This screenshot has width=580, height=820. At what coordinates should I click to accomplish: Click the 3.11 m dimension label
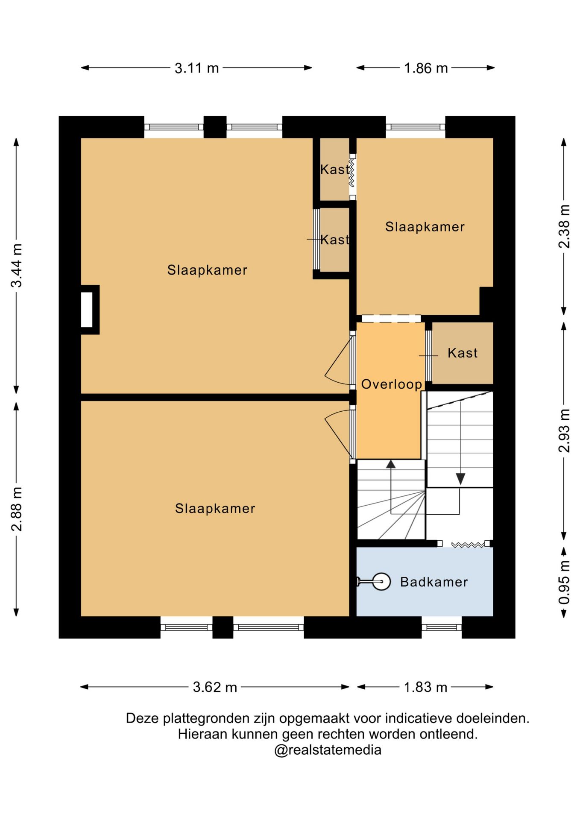point(196,68)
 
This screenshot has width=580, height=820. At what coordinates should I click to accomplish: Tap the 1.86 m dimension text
point(426,68)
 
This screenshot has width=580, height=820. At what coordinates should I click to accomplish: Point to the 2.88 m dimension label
point(16,509)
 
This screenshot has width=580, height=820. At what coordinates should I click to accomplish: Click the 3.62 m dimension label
point(215,687)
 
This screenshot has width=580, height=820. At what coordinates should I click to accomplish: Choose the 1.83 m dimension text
point(425,687)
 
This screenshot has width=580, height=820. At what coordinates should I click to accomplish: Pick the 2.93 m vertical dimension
point(564,430)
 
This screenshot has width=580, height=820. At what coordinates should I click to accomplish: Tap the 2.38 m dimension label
point(564,226)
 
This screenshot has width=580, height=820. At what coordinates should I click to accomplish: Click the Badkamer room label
point(434,582)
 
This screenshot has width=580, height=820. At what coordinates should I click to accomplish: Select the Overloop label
point(392,384)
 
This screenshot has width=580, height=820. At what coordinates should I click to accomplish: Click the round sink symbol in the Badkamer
point(381,581)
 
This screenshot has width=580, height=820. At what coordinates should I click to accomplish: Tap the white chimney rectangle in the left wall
point(87,310)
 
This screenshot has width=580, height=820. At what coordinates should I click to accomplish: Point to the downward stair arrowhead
point(460,479)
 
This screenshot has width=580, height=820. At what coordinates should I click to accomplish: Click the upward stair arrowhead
point(391,464)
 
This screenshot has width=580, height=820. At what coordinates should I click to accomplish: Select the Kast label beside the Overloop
point(463,353)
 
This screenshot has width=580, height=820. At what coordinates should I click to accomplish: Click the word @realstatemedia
point(328,750)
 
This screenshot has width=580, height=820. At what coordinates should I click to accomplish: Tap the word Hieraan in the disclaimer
point(203,734)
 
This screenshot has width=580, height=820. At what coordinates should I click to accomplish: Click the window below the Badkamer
point(442,627)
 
